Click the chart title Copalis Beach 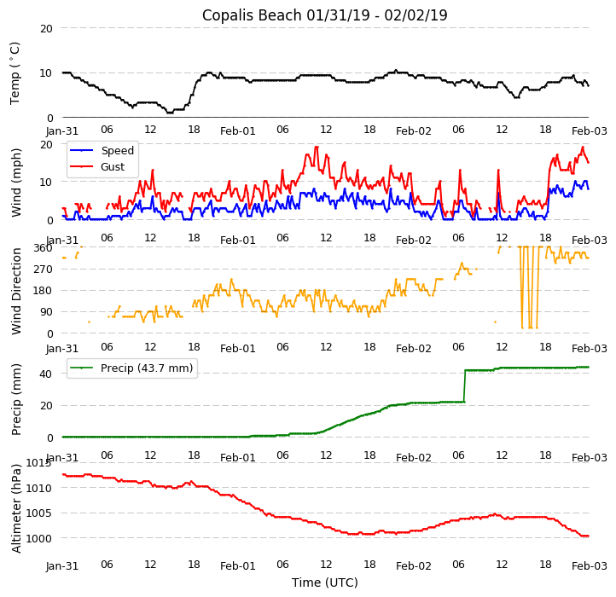324,15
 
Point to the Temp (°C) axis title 15,72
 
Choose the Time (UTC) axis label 324,583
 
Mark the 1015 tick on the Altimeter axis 38,463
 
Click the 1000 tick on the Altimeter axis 38,538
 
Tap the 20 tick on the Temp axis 46,28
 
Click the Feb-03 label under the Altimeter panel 589,565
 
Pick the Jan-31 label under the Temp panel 62,132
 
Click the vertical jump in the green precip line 464,385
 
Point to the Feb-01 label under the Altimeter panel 238,565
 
